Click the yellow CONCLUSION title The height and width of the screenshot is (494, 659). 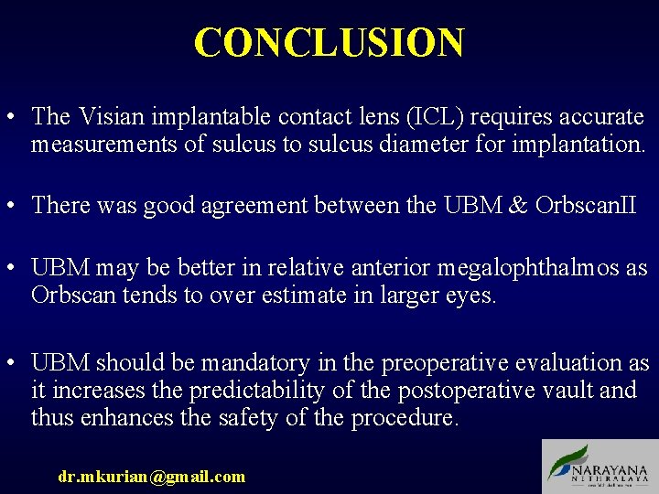pos(329,43)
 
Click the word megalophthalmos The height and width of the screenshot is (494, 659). pos(542,269)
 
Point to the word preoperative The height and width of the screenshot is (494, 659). pos(439,363)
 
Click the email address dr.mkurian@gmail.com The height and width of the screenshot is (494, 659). pos(151,476)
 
